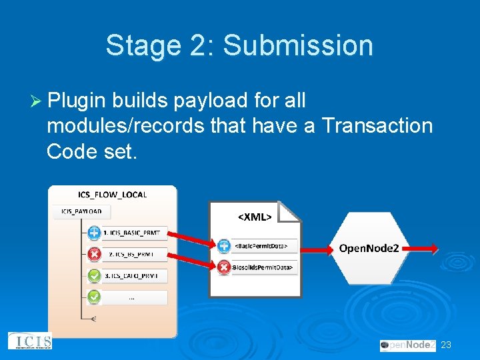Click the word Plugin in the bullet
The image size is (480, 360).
77,101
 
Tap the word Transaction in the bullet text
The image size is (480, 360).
377,125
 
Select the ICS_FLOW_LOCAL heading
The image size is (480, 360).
113,195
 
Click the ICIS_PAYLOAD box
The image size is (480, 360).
82,212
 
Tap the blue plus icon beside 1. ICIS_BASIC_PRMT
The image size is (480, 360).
95,233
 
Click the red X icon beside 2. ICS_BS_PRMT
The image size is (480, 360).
95,253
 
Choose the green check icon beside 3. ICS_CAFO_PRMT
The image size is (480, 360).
95,275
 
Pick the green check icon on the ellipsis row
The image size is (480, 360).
95,296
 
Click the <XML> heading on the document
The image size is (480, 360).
255,216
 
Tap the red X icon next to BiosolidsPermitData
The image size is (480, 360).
224,267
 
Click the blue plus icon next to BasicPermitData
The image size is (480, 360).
224,246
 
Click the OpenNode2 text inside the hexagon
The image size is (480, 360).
369,248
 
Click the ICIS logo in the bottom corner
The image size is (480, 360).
29,341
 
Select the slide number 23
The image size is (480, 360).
446,345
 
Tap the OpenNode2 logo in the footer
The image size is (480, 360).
407,345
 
